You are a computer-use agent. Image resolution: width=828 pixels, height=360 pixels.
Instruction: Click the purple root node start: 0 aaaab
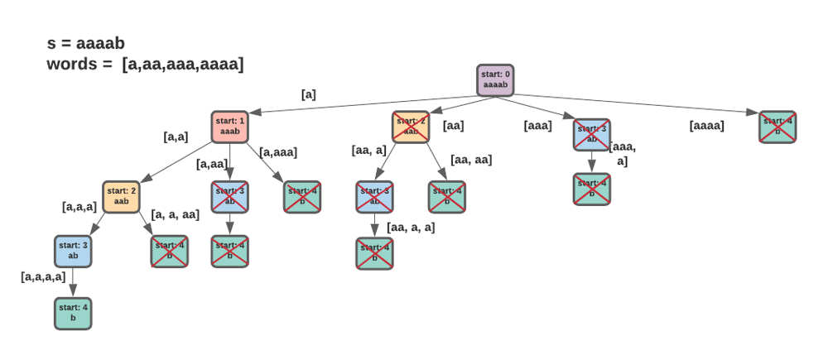(495, 80)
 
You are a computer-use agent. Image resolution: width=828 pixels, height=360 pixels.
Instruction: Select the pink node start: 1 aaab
(230, 127)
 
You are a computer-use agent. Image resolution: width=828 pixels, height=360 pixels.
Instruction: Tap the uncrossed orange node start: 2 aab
(121, 196)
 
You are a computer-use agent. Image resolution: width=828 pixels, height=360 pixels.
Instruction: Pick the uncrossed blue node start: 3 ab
(73, 251)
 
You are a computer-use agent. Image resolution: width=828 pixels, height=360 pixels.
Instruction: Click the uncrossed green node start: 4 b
(73, 313)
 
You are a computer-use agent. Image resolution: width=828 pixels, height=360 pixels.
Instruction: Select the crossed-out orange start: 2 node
(411, 127)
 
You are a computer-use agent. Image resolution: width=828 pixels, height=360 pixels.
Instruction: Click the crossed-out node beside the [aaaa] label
(777, 127)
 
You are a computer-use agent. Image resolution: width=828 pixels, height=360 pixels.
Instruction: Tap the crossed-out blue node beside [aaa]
(592, 134)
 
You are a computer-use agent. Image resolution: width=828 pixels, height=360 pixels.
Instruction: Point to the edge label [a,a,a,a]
(43, 276)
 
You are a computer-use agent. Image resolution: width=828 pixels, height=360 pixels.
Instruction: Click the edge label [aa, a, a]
(411, 227)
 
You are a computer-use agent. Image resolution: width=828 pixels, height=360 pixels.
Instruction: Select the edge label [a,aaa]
(278, 151)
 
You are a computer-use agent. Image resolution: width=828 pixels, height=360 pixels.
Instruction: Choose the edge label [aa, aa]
(471, 160)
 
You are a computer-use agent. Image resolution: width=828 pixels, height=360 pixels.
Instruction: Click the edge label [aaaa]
(706, 126)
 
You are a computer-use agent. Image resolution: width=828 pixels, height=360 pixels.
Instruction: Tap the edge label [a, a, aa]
(175, 214)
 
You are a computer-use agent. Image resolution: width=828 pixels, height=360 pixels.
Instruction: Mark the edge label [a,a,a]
(79, 206)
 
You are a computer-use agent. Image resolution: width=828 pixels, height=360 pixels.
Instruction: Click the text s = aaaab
(86, 43)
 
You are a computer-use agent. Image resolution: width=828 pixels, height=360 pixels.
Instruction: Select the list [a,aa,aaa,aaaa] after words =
(182, 64)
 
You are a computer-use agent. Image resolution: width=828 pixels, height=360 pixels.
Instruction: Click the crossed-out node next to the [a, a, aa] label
(169, 251)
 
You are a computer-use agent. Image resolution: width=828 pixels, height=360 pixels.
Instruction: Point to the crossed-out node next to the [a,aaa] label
(302, 196)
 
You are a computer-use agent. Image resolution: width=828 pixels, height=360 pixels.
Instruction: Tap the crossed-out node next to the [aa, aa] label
(446, 196)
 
